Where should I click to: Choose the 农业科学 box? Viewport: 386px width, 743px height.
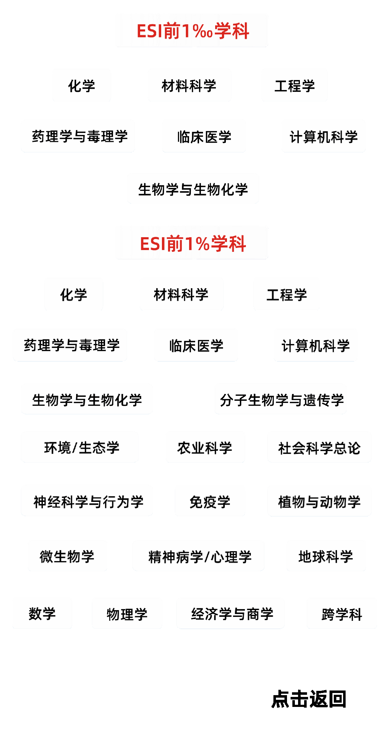click(x=205, y=447)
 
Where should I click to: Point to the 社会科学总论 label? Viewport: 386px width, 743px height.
click(x=319, y=447)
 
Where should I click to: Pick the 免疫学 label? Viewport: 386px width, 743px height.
click(x=210, y=501)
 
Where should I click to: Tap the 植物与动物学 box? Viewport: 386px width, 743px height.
click(x=319, y=501)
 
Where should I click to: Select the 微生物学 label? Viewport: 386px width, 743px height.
click(x=68, y=556)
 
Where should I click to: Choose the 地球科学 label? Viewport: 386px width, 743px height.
click(x=326, y=556)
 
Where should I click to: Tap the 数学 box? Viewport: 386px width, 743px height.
click(x=42, y=613)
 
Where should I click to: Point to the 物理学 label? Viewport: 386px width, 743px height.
click(x=127, y=613)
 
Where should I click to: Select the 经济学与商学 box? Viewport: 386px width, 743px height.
click(x=231, y=613)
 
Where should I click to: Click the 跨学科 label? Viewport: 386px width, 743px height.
click(x=342, y=613)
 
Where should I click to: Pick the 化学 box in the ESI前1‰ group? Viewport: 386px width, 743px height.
click(x=82, y=85)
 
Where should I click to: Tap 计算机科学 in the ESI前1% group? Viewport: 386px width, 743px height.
click(x=316, y=345)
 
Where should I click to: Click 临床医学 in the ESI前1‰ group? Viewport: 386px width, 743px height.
click(x=204, y=136)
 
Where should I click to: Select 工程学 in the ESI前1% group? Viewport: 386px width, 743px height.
click(x=286, y=294)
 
